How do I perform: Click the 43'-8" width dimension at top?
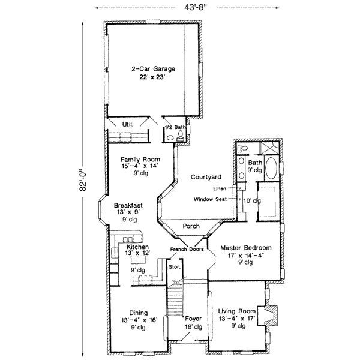tap(196, 8)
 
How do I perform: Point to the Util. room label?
tap(128, 124)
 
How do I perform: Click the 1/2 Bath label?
tap(175, 127)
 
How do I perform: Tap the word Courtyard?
tap(206, 177)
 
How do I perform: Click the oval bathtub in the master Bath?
tap(271, 168)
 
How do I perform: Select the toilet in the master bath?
tap(242, 148)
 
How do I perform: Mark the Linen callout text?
tap(220, 188)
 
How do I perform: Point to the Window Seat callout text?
tap(210, 199)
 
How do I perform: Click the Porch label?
tap(191, 226)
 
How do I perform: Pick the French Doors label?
tap(187, 249)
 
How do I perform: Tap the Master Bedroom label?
tap(245, 248)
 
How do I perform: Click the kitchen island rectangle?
tap(138, 260)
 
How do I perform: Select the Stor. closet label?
tap(175, 267)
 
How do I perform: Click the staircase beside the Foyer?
tap(175, 301)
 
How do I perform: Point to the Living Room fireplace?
tap(268, 316)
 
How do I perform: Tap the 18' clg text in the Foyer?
tap(193, 327)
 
